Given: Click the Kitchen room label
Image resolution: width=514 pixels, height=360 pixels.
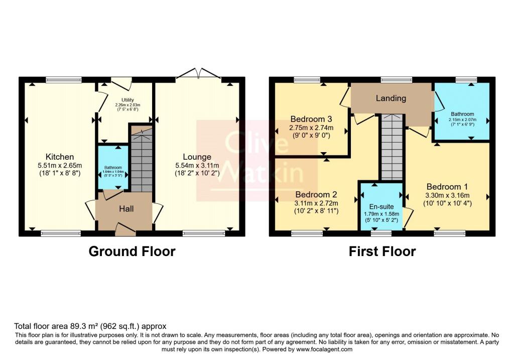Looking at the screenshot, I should pos(60,157).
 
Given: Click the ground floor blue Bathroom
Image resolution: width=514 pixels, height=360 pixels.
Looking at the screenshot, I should pos(113,168).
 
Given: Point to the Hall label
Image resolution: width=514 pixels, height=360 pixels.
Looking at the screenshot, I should pos(125,208).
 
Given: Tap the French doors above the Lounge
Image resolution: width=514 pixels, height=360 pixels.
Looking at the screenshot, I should pos(199,74).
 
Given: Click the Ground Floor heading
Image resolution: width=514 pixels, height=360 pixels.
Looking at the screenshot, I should pos(132,251).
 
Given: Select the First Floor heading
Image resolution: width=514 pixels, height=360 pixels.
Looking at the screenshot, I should pos(382,251).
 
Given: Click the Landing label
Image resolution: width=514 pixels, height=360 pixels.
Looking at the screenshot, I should pos(391,98).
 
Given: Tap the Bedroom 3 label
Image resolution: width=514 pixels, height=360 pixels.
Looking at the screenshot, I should pos(311,119).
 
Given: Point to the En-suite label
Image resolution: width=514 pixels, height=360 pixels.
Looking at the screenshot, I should pos(382,206).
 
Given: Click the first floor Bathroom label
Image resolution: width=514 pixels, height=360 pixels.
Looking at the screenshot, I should pos(462,114).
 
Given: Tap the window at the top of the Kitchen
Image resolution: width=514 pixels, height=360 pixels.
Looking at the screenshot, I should pos(63,79).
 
